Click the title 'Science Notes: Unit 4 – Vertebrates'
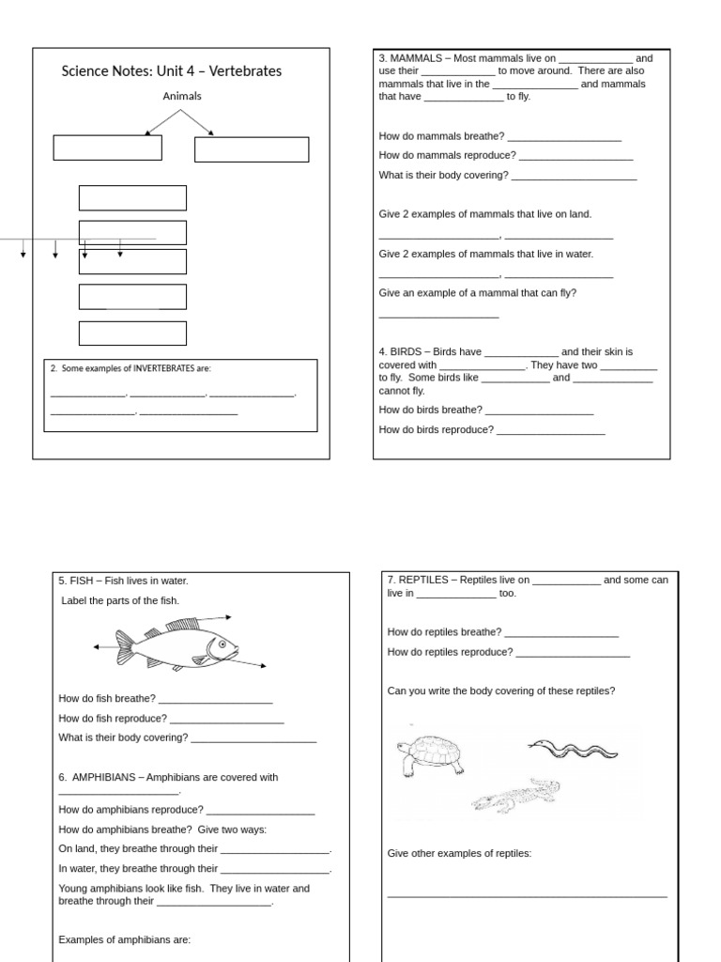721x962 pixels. (x=171, y=71)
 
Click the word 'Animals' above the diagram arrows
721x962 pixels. (x=182, y=96)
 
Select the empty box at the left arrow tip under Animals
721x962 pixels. (x=107, y=148)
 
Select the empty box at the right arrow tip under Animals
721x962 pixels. (x=251, y=149)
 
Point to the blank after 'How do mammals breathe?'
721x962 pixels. (x=564, y=136)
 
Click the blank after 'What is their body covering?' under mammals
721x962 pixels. (x=574, y=176)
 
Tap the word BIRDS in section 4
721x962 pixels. (x=406, y=352)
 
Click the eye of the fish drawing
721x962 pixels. (x=222, y=644)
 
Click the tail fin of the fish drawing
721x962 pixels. (x=125, y=646)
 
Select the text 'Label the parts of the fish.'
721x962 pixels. (x=119, y=600)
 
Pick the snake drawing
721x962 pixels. (x=573, y=748)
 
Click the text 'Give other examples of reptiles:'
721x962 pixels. (x=459, y=853)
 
